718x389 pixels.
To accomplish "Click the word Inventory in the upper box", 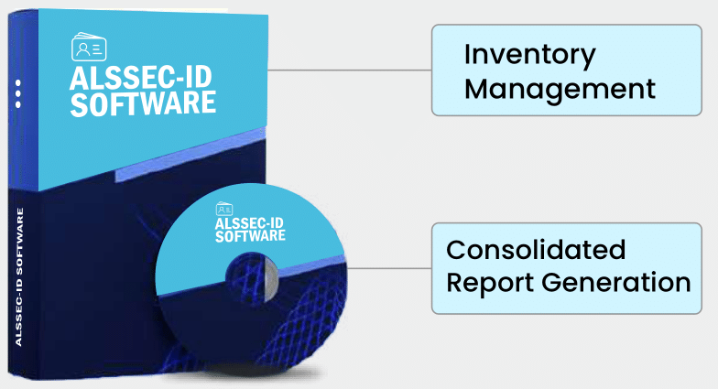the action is [x=529, y=56].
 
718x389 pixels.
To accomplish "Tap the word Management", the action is [x=560, y=90].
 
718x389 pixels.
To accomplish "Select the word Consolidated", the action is [x=536, y=250].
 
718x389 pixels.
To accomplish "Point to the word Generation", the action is [x=616, y=282].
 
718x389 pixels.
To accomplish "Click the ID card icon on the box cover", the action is [x=90, y=47].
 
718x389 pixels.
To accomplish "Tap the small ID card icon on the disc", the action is [x=224, y=209].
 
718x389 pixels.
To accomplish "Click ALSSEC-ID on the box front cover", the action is [x=141, y=78].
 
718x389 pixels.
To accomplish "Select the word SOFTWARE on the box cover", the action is [x=143, y=104].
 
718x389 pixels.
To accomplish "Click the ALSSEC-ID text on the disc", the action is [x=249, y=223].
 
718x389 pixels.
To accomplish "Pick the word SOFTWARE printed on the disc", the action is [x=251, y=236].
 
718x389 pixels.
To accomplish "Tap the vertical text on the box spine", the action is [x=19, y=276].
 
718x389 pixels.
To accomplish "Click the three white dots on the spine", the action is [x=18, y=93].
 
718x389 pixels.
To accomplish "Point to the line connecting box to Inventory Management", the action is [x=350, y=70].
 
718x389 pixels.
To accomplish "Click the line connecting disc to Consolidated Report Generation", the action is [x=388, y=268].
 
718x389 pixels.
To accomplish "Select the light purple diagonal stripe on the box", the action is [x=190, y=156].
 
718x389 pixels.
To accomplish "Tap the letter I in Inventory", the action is [x=467, y=54].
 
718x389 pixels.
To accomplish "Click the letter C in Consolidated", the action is [x=457, y=250].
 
